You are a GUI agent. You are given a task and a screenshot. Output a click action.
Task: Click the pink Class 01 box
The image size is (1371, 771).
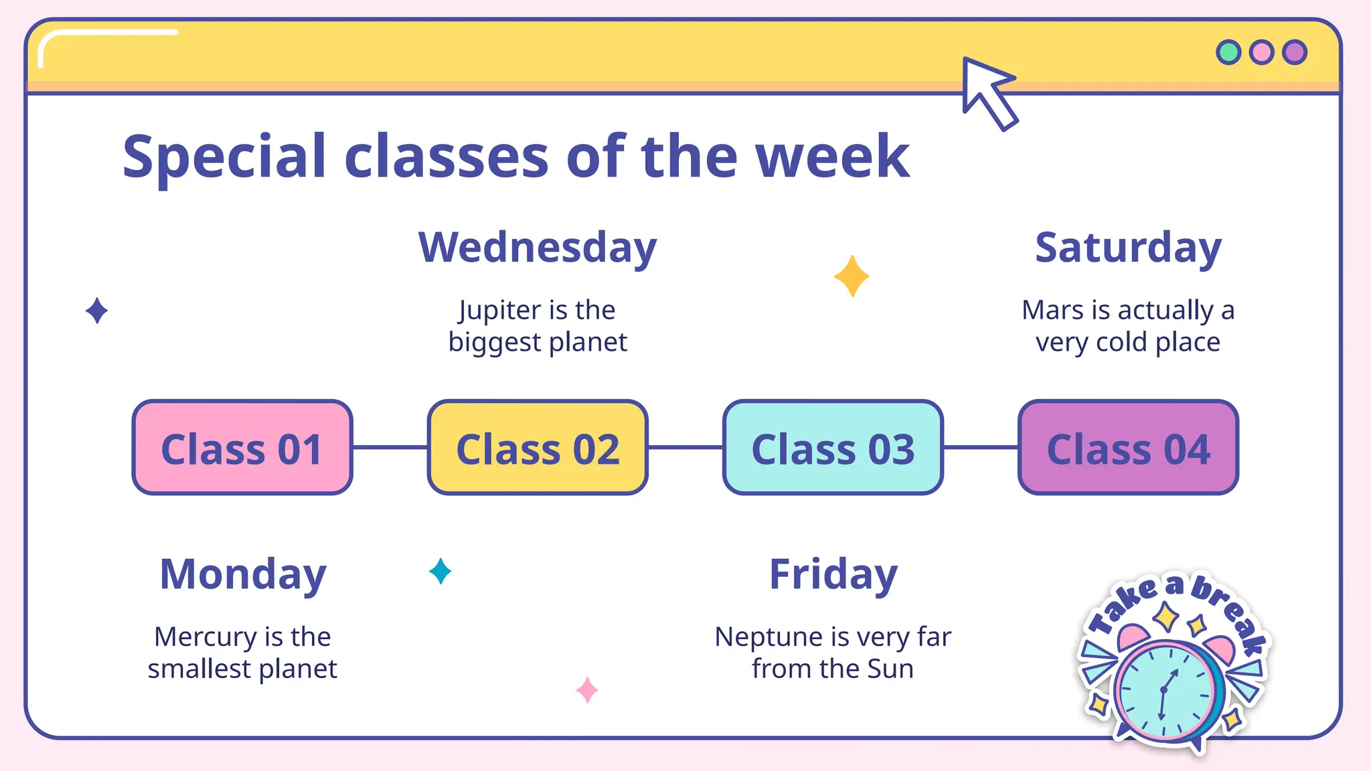pos(242,448)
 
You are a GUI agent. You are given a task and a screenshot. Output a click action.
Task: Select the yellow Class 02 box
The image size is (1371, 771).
pos(538,448)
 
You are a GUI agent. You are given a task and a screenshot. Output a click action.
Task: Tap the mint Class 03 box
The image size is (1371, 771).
pos(833,448)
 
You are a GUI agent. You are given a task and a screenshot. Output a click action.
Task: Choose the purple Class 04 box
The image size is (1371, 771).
pos(1128,448)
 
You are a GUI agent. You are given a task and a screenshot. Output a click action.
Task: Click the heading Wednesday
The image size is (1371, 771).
pos(538,247)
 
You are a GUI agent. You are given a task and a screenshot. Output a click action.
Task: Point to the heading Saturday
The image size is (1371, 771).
pos(1128,247)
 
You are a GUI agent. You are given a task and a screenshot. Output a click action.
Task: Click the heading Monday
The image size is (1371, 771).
pos(242,574)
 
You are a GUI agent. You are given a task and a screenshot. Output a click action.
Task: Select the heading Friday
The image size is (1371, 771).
pos(833,574)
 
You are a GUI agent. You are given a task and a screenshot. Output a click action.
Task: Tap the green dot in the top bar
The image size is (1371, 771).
pos(1228,52)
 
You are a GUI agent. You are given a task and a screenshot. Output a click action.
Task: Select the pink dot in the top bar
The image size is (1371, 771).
pos(1261,52)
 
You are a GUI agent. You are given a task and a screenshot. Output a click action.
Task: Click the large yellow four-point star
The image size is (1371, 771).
pos(852,276)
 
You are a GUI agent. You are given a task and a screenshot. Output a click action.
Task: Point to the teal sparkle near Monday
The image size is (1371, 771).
pos(440,571)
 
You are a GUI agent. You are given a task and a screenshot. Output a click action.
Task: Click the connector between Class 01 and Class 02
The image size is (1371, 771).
pos(390,447)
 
